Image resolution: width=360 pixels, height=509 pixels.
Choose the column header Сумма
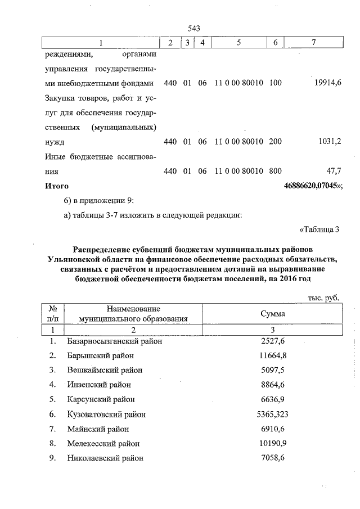tap(272, 314)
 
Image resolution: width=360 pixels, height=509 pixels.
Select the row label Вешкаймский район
tap(104, 370)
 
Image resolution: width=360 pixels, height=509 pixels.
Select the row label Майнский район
tap(98, 429)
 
